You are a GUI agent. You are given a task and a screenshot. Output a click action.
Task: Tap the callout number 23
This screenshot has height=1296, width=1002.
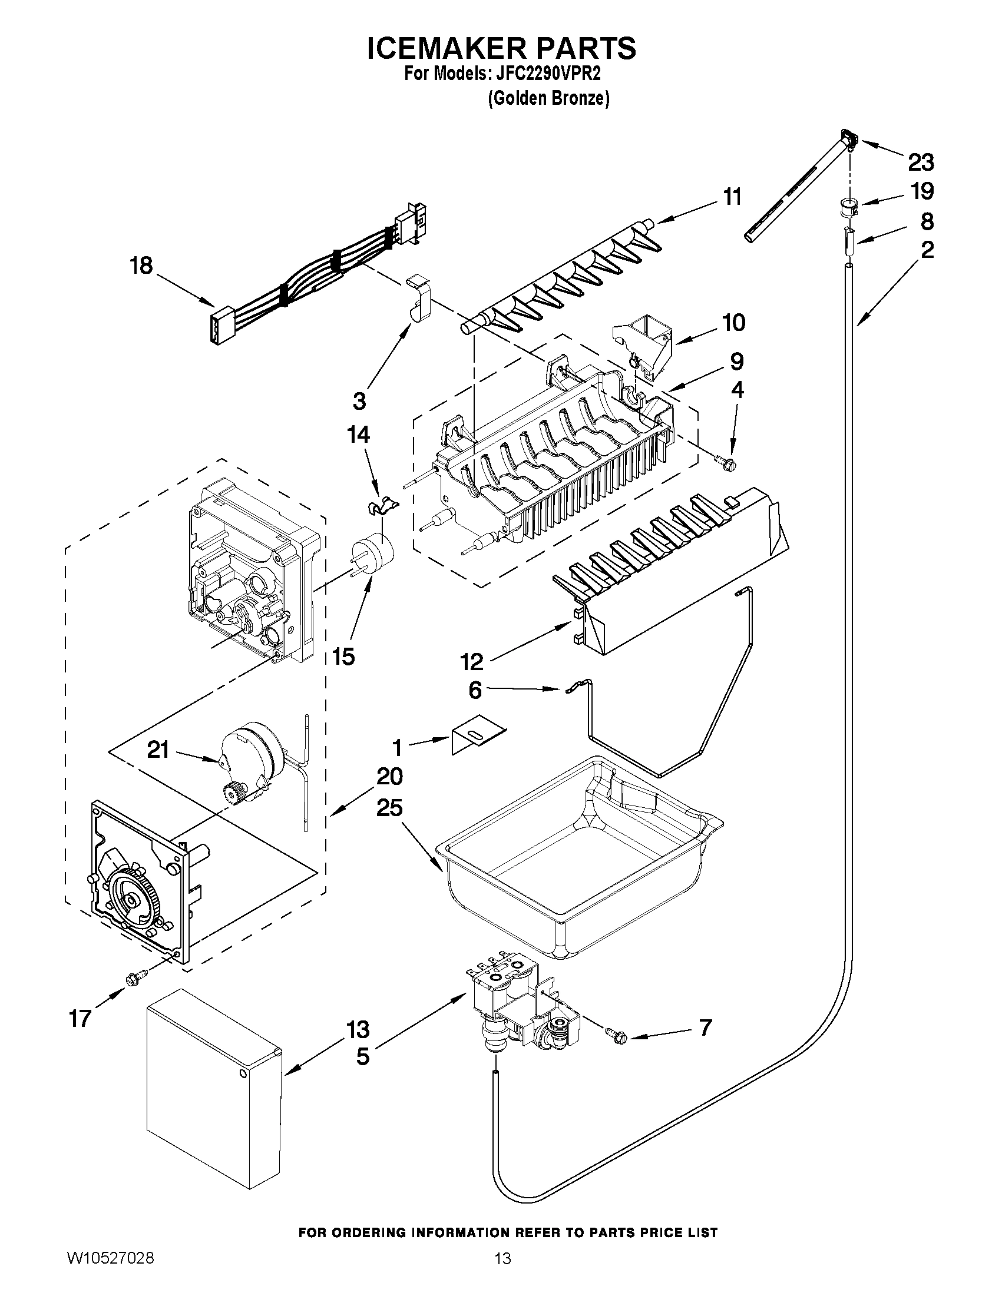tap(920, 162)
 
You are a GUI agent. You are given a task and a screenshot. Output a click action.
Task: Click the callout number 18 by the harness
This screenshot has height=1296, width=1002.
tap(141, 266)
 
